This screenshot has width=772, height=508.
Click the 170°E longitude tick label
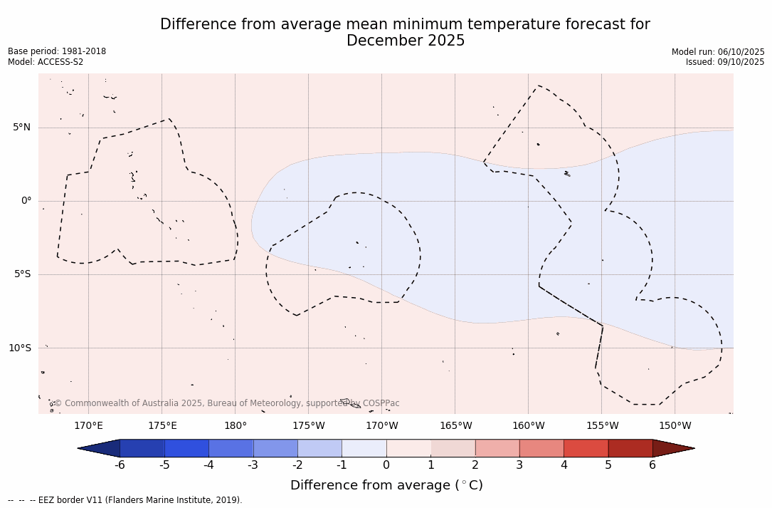pyautogui.click(x=88, y=426)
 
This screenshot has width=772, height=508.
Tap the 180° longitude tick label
pyautogui.click(x=236, y=426)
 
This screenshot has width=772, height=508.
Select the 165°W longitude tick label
pyautogui.click(x=455, y=426)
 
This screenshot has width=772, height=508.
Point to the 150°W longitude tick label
pyautogui.click(x=675, y=426)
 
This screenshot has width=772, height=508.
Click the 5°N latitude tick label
pyautogui.click(x=21, y=128)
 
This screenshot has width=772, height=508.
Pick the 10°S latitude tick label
pyautogui.click(x=19, y=348)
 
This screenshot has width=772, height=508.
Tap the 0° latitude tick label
pyautogui.click(x=26, y=201)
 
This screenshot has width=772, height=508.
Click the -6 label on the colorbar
pyautogui.click(x=120, y=465)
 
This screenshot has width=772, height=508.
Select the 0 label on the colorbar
pyautogui.click(x=386, y=465)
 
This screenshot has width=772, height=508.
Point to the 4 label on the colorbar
pyautogui.click(x=564, y=465)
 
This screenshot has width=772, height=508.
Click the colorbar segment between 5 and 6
pyautogui.click(x=630, y=448)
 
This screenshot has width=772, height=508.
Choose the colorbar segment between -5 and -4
pyautogui.click(x=186, y=448)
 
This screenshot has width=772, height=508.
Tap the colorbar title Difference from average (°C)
pyautogui.click(x=386, y=486)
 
